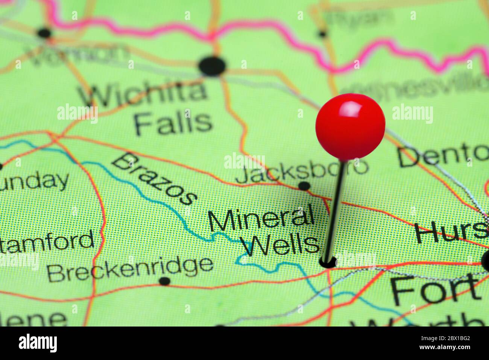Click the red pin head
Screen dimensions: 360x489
point(350,126)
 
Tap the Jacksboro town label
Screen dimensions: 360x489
point(301,172)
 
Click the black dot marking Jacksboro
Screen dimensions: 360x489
point(304,185)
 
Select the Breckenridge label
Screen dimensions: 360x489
point(130,268)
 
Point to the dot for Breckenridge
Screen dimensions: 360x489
point(164,281)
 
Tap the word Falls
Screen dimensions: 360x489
point(173,122)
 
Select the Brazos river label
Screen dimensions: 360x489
point(154,178)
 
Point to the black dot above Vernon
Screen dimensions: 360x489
point(44,33)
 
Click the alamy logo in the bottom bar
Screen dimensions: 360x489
point(38,343)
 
